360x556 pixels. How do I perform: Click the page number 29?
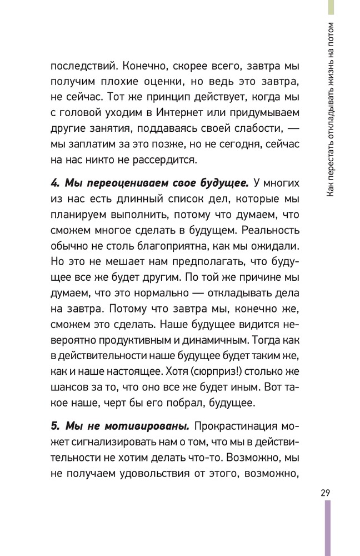click(326, 493)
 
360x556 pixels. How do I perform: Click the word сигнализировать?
click(102, 443)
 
